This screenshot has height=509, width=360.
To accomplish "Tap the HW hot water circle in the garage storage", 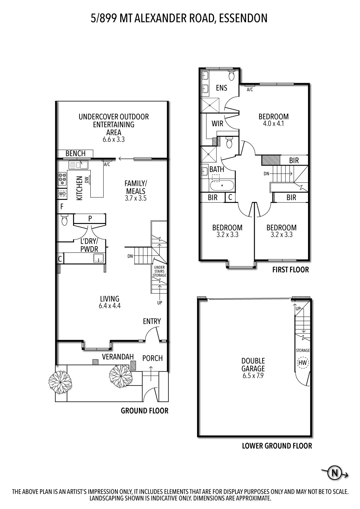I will (302, 363).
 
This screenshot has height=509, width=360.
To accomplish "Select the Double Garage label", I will (253, 364).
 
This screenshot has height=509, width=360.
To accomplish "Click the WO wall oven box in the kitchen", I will (62, 194).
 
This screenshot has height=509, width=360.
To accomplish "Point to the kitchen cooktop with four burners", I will (62, 179).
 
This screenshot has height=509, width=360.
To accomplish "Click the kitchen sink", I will (78, 165).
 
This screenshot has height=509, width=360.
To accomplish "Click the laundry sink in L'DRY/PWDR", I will (98, 259).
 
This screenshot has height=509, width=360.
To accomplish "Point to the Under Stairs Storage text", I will (159, 271).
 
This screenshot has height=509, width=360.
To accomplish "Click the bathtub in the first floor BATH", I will (222, 185).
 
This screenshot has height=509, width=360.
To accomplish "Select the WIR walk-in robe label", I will (217, 124).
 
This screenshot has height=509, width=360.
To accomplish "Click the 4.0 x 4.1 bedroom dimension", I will (273, 124).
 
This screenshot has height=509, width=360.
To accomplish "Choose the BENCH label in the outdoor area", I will (75, 153).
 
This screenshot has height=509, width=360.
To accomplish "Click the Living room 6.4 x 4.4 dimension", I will (110, 305).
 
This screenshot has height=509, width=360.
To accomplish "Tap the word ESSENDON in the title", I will (243, 18).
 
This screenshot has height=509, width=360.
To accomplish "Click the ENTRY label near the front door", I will (152, 321).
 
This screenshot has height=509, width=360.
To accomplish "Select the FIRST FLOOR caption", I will (290, 270).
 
